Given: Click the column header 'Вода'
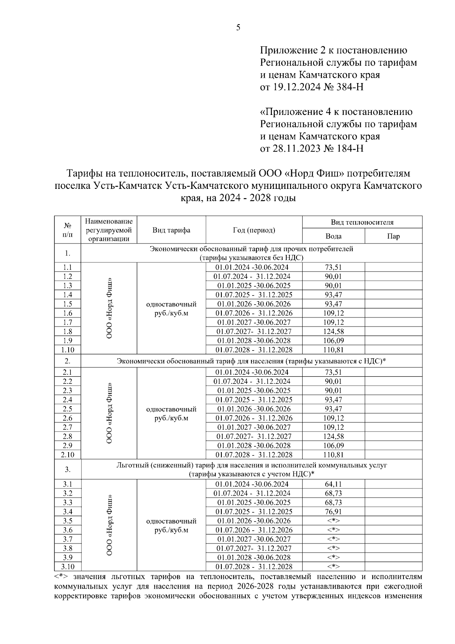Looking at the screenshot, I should click(x=333, y=236).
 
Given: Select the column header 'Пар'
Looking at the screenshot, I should click(x=393, y=236).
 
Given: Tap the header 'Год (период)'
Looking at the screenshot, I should click(x=254, y=230).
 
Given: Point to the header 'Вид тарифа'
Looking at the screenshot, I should click(x=171, y=230).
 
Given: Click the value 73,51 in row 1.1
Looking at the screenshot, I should click(x=333, y=267).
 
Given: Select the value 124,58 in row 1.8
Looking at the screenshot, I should click(x=333, y=331).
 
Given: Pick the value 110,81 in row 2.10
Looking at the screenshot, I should click(x=333, y=455).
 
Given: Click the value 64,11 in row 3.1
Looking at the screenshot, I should click(x=333, y=484).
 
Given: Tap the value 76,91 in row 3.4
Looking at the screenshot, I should click(x=333, y=512).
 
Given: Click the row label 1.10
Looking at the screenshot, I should click(x=67, y=350).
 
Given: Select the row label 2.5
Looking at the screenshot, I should click(x=67, y=409).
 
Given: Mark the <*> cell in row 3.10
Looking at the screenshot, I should click(x=333, y=567).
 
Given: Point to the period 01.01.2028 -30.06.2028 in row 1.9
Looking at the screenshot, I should click(x=254, y=341).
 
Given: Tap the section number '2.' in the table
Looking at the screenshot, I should click(x=67, y=361).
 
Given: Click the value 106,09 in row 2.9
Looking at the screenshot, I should click(x=333, y=446).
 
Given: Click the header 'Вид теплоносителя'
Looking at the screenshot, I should click(x=362, y=222).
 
